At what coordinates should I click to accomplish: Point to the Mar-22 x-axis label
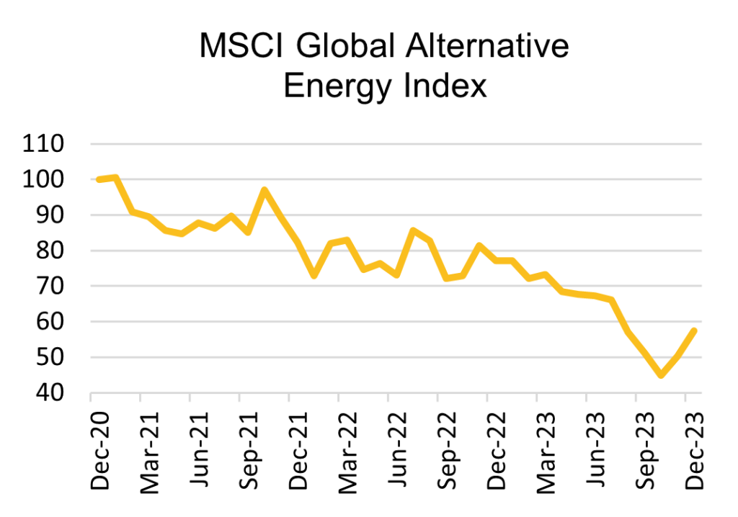(x=347, y=451)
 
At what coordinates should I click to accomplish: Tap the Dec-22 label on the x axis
(x=495, y=451)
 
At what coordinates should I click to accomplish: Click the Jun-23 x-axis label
(x=595, y=451)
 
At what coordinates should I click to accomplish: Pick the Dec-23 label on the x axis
(x=693, y=451)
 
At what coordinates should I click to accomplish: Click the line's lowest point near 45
(x=660, y=375)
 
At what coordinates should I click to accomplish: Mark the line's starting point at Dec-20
(x=99, y=179)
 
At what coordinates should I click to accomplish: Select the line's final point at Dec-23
(x=693, y=331)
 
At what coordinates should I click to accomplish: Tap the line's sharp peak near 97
(x=264, y=190)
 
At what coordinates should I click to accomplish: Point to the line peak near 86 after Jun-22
(x=413, y=230)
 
